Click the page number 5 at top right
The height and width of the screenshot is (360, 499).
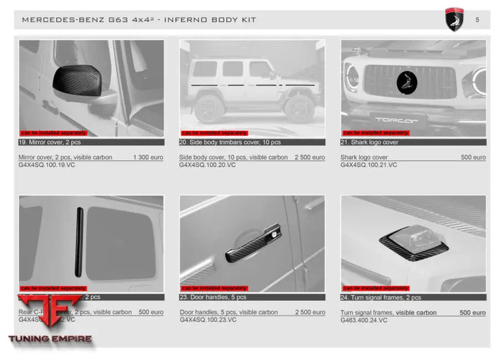point(477,19)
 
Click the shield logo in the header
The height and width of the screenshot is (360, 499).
point(454,19)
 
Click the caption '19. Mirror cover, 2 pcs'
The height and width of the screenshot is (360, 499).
point(51,142)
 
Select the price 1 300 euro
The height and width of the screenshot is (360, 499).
point(148,157)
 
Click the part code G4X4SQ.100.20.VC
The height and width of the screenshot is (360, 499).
point(207,165)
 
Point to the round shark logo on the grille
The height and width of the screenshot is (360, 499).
point(407,83)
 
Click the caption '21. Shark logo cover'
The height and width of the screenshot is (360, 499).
point(370,142)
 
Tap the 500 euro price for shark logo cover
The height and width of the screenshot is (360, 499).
point(473,157)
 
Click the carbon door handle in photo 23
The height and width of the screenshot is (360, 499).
point(253,243)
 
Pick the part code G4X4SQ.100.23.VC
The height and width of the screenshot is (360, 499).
point(208,320)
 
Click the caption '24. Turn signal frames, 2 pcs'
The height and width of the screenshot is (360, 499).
point(381,298)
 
